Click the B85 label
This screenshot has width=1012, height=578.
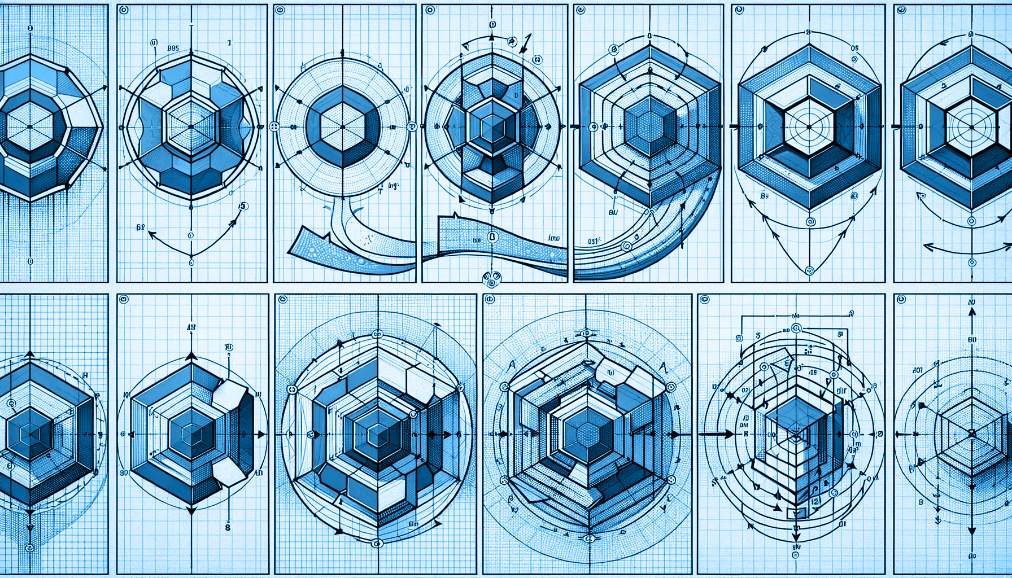[173, 49]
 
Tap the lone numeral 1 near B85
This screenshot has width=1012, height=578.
[229, 42]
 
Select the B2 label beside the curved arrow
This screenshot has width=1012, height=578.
[141, 227]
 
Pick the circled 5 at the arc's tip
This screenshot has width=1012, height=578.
[243, 206]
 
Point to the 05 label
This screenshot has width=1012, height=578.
[854, 49]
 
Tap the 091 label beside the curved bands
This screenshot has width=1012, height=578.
[593, 241]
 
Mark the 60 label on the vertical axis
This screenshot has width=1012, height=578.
[972, 340]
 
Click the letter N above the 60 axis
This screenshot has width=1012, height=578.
[972, 303]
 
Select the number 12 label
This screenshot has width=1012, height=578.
[815, 501]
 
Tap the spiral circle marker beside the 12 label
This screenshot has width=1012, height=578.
[832, 493]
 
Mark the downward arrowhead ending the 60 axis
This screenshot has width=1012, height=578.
[972, 532]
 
